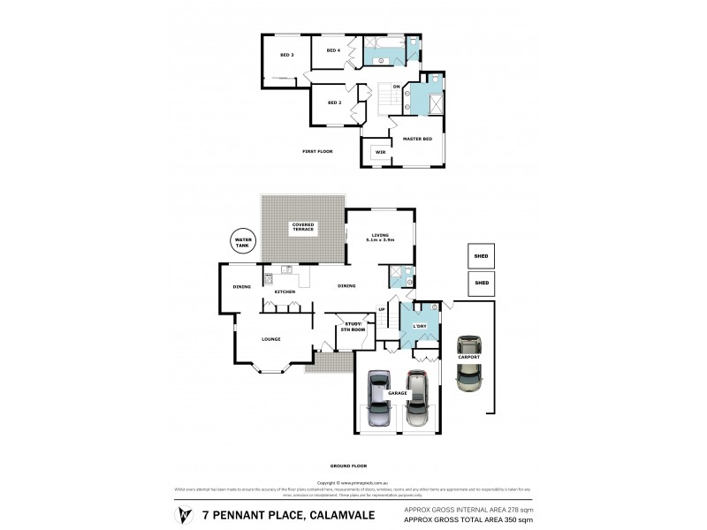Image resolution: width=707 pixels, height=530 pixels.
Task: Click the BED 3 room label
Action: coord(286,56)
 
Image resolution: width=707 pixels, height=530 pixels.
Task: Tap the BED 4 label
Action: coord(333,50)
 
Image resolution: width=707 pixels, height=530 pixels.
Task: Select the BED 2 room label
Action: coord(334,102)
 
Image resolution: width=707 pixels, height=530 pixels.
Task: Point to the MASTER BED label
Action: coord(417,140)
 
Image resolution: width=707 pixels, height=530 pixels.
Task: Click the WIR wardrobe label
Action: coord(380,152)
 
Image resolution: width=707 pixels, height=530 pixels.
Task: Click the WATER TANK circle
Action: coord(240,241)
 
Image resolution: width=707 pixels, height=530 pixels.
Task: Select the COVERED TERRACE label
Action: coord(303,227)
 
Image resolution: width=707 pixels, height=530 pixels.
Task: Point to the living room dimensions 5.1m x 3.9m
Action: coord(380,239)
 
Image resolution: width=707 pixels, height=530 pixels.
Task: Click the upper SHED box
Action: coord(482,256)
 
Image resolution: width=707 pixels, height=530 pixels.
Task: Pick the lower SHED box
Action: coord(482,283)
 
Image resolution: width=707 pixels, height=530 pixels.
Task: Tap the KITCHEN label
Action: coord(284,292)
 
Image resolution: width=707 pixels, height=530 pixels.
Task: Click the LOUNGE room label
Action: coord(271,339)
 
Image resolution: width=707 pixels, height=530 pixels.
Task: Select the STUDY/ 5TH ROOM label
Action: coord(355,327)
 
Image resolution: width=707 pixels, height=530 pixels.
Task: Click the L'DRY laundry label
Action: coord(421,327)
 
